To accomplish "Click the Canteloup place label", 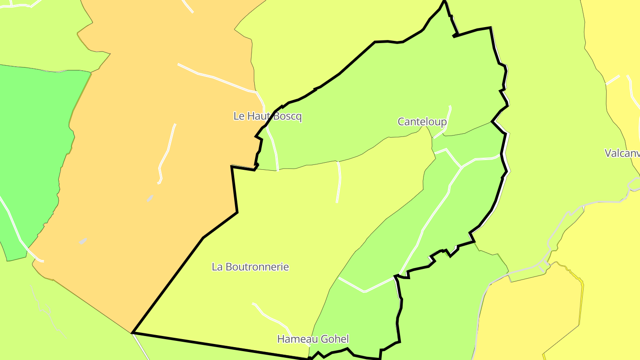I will tap(422, 121).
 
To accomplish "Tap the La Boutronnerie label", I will tap(250, 267).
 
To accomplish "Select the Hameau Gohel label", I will tap(313, 339).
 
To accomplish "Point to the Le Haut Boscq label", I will tap(268, 116).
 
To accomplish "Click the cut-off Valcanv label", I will tap(622, 153).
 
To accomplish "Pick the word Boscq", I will tap(288, 116).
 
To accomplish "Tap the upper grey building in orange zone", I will tap(150, 198).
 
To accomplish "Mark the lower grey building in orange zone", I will tap(83, 241).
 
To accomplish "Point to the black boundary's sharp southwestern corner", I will tap(133, 332).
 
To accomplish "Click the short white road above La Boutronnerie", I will tap(339, 182).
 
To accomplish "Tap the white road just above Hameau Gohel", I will tap(271, 316).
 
